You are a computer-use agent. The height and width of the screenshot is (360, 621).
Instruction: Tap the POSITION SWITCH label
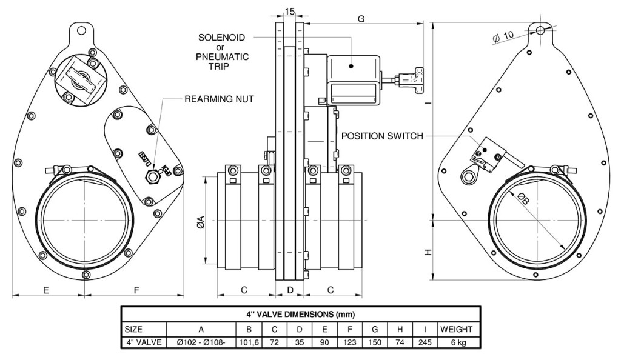(382, 136)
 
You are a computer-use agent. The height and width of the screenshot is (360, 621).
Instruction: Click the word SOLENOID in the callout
(222, 38)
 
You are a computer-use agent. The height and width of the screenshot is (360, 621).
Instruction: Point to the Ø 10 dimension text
(503, 36)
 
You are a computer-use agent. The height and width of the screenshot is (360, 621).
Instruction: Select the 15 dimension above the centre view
(290, 12)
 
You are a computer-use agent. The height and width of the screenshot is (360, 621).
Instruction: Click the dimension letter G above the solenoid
(361, 19)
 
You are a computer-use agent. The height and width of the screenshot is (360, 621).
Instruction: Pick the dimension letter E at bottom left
(46, 290)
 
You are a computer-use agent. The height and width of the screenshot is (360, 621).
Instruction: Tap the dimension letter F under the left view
(136, 290)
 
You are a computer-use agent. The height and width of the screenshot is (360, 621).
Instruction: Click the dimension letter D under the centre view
(290, 290)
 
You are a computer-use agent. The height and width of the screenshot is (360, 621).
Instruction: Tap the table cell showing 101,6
(249, 342)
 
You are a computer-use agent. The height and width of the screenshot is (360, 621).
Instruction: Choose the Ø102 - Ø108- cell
(200, 342)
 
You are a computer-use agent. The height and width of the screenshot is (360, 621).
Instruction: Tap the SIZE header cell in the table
(133, 329)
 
